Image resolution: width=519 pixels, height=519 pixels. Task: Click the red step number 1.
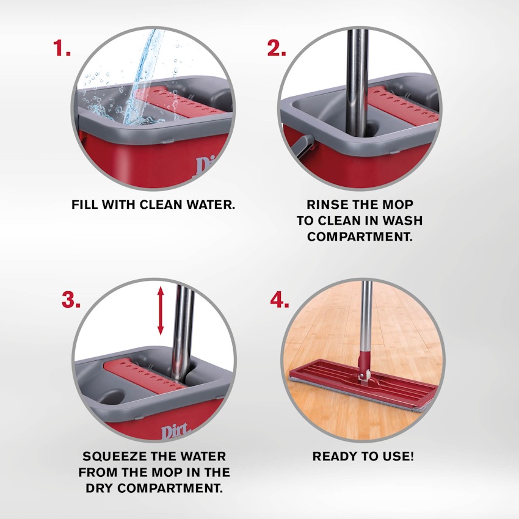coord(62,48)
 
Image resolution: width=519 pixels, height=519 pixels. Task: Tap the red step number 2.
coord(277,48)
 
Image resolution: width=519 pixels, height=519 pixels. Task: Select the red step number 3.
coord(71,300)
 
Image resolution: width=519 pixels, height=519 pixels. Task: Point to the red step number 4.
coord(280,300)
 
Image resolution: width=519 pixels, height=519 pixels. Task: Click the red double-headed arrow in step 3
coord(161,310)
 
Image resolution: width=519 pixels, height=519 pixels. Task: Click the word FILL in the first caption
coord(85,205)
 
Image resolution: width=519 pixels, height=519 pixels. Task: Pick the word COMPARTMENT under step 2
coord(360,237)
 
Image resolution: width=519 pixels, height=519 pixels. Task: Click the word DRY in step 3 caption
coord(99,488)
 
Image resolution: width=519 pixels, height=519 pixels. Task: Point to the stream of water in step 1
coord(143,76)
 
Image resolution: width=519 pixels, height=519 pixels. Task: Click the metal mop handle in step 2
coord(357,83)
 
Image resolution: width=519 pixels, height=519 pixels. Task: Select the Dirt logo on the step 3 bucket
coord(175,431)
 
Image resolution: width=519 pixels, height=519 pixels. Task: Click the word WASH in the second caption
coord(402,221)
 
